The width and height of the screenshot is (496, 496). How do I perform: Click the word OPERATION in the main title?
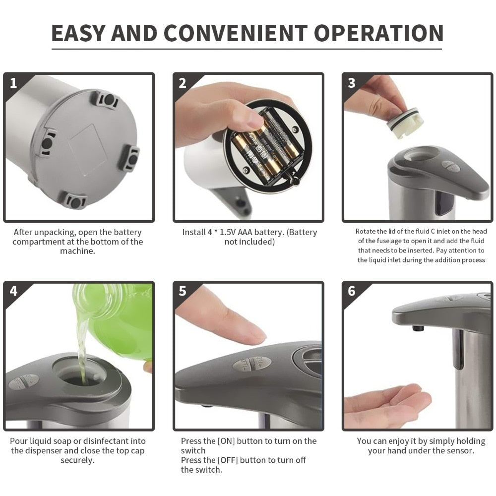378,33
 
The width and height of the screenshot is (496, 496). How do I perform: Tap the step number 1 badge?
13,83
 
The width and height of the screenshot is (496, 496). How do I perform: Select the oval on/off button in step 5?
252,364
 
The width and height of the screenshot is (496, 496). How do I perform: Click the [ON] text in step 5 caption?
226,441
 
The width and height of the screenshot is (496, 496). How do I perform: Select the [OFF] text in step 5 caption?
228,460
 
